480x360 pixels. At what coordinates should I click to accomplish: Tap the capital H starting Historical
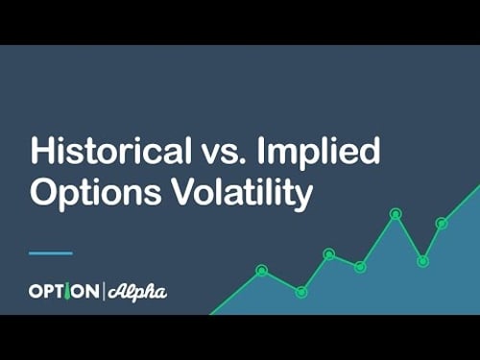click(x=41, y=153)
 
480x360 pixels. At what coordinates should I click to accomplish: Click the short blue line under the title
click(x=51, y=253)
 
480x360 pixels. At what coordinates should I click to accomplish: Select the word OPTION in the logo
click(x=63, y=291)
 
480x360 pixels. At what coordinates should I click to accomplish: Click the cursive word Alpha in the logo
click(x=136, y=291)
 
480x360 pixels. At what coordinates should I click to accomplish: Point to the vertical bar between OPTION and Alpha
click(x=103, y=291)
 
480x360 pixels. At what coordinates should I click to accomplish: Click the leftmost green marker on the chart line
click(x=261, y=270)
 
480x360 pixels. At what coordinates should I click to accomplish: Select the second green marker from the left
click(x=301, y=291)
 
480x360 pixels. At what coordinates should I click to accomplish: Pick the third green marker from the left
click(x=328, y=254)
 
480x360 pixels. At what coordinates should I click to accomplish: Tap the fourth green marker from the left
click(x=360, y=266)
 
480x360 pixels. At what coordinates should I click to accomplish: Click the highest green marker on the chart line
click(x=395, y=213)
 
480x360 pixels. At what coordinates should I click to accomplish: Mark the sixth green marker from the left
click(x=422, y=260)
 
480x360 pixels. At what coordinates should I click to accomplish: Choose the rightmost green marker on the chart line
click(x=442, y=224)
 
